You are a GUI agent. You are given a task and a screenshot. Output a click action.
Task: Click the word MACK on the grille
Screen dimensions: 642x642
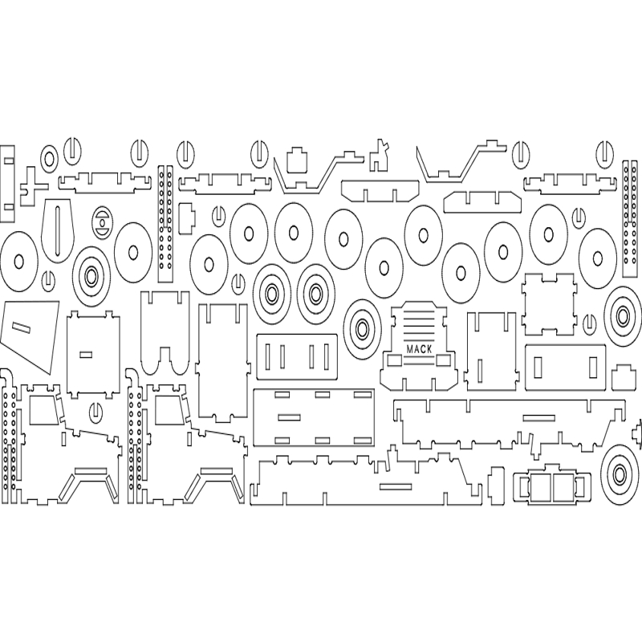pos(419,349)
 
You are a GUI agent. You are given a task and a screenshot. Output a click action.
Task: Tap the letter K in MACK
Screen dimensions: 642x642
pos(429,349)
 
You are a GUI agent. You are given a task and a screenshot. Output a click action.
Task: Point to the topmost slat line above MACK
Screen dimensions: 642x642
pos(419,311)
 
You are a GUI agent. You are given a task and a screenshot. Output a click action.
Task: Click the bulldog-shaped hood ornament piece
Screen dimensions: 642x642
pos(379,155)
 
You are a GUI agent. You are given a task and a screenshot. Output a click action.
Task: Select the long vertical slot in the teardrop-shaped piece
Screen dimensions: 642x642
pos(58,230)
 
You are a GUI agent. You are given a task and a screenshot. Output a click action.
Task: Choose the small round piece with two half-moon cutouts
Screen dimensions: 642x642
pos(102,222)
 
